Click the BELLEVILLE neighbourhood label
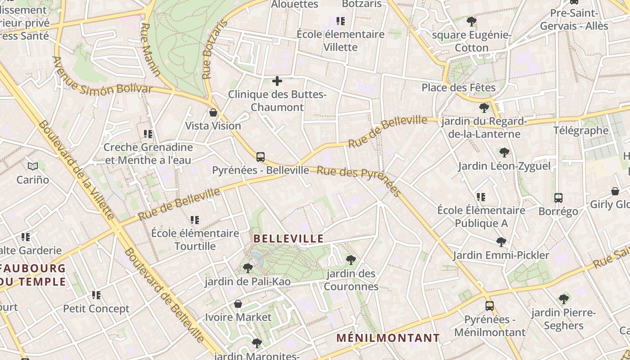tap(288, 238)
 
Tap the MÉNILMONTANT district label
tap(388, 337)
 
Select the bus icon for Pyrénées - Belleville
tap(260, 157)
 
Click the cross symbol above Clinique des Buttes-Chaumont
tap(277, 81)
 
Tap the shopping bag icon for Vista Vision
tap(213, 112)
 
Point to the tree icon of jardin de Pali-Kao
tap(247, 269)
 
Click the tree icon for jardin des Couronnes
tap(351, 260)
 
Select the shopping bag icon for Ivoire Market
tap(238, 304)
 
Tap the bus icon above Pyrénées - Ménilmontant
tap(490, 306)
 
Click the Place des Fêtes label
tap(459, 87)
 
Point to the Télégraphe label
tap(580, 130)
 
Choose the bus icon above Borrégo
tap(558, 198)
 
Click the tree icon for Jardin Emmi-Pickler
tap(501, 242)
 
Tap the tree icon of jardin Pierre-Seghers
tap(563, 299)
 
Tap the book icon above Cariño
tap(32, 166)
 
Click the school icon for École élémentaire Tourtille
tap(195, 220)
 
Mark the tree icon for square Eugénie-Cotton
tap(471, 21)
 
